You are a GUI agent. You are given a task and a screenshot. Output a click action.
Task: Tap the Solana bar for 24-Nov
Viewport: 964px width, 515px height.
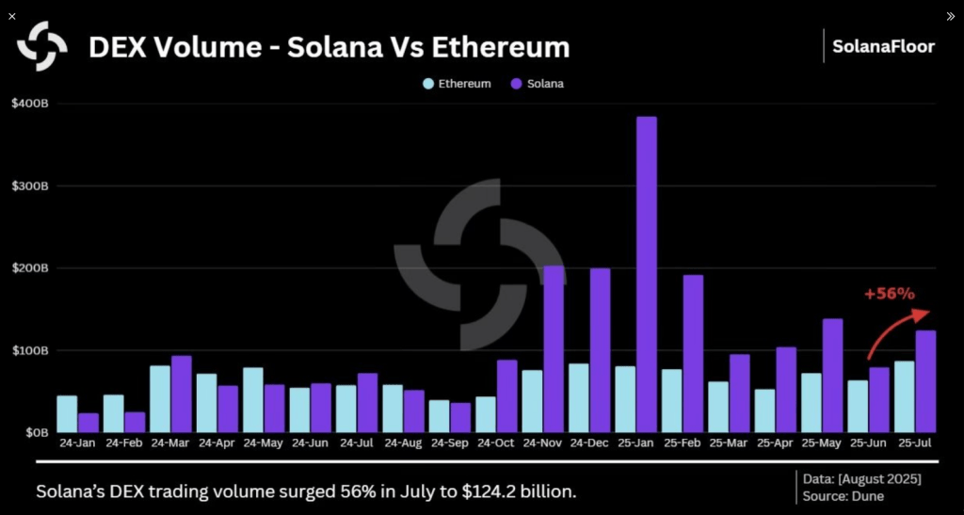(554, 349)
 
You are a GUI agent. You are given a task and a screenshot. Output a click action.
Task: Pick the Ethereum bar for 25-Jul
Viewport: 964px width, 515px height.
(904, 396)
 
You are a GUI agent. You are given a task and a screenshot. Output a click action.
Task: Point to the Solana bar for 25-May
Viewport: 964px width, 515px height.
(832, 376)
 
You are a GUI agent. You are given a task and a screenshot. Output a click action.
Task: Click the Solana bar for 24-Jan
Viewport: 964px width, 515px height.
(88, 423)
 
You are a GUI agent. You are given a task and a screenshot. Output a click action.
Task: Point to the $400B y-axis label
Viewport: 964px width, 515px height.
(30, 103)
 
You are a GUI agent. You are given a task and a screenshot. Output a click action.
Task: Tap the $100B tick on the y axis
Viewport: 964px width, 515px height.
(30, 350)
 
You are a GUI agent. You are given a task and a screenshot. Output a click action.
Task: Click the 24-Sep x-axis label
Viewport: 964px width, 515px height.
(450, 442)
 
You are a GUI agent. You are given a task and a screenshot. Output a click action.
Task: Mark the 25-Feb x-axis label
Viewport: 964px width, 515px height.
(682, 442)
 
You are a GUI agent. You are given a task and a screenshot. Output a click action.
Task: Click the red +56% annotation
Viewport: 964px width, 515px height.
(889, 295)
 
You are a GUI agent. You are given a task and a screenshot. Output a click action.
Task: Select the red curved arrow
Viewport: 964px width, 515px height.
(894, 330)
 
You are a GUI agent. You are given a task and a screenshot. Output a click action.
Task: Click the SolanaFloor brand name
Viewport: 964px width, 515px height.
(883, 46)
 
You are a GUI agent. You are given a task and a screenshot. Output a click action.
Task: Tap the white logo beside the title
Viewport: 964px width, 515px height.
(42, 46)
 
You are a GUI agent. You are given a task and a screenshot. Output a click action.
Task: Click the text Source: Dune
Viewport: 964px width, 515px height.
(843, 496)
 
